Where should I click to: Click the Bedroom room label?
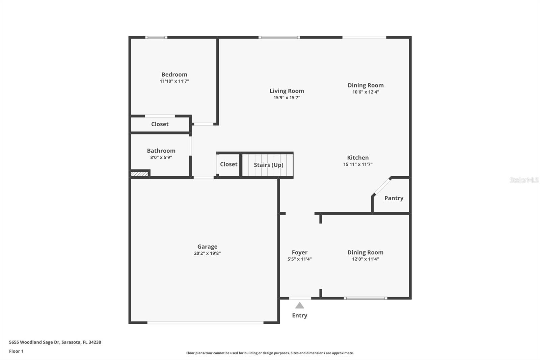174,75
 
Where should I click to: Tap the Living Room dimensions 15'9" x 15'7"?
287,98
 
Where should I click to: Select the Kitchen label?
358,158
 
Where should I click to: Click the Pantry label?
394,198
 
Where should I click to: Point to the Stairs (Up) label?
268,165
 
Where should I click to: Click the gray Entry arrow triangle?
299,306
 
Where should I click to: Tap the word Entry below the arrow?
299,315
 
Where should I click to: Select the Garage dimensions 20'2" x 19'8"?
207,253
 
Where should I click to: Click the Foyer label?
299,253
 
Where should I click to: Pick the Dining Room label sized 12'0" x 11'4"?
365,253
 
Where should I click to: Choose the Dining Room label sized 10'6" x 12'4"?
366,85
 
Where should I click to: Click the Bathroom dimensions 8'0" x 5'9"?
161,157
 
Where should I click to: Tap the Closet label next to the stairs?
228,164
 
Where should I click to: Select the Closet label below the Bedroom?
160,124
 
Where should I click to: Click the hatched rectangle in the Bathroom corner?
139,174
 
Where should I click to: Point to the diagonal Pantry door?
382,186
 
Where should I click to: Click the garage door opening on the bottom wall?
205,323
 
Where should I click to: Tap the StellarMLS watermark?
524,180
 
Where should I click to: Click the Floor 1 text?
16,351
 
